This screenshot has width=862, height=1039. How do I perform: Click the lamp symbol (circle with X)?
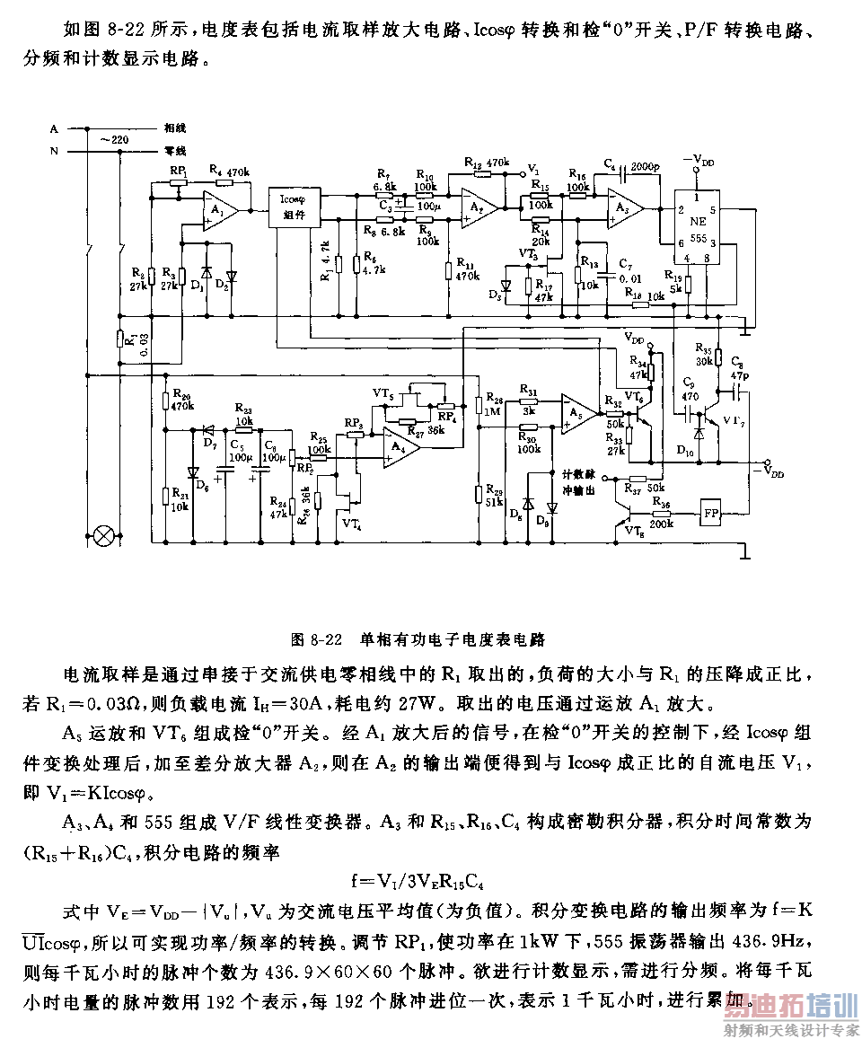pos(105,536)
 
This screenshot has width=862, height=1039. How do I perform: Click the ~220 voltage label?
pos(112,140)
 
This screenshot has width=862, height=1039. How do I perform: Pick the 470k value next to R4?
pos(237,170)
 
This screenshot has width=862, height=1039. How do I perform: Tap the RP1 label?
pos(178,169)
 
